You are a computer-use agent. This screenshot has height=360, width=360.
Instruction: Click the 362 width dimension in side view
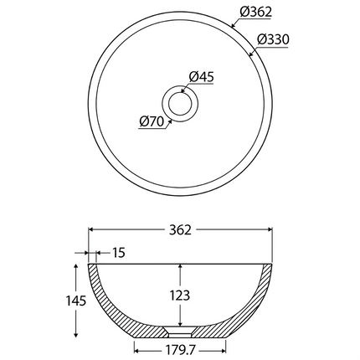(180, 229)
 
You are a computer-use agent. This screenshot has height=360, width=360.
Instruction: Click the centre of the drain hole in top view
(180, 103)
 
